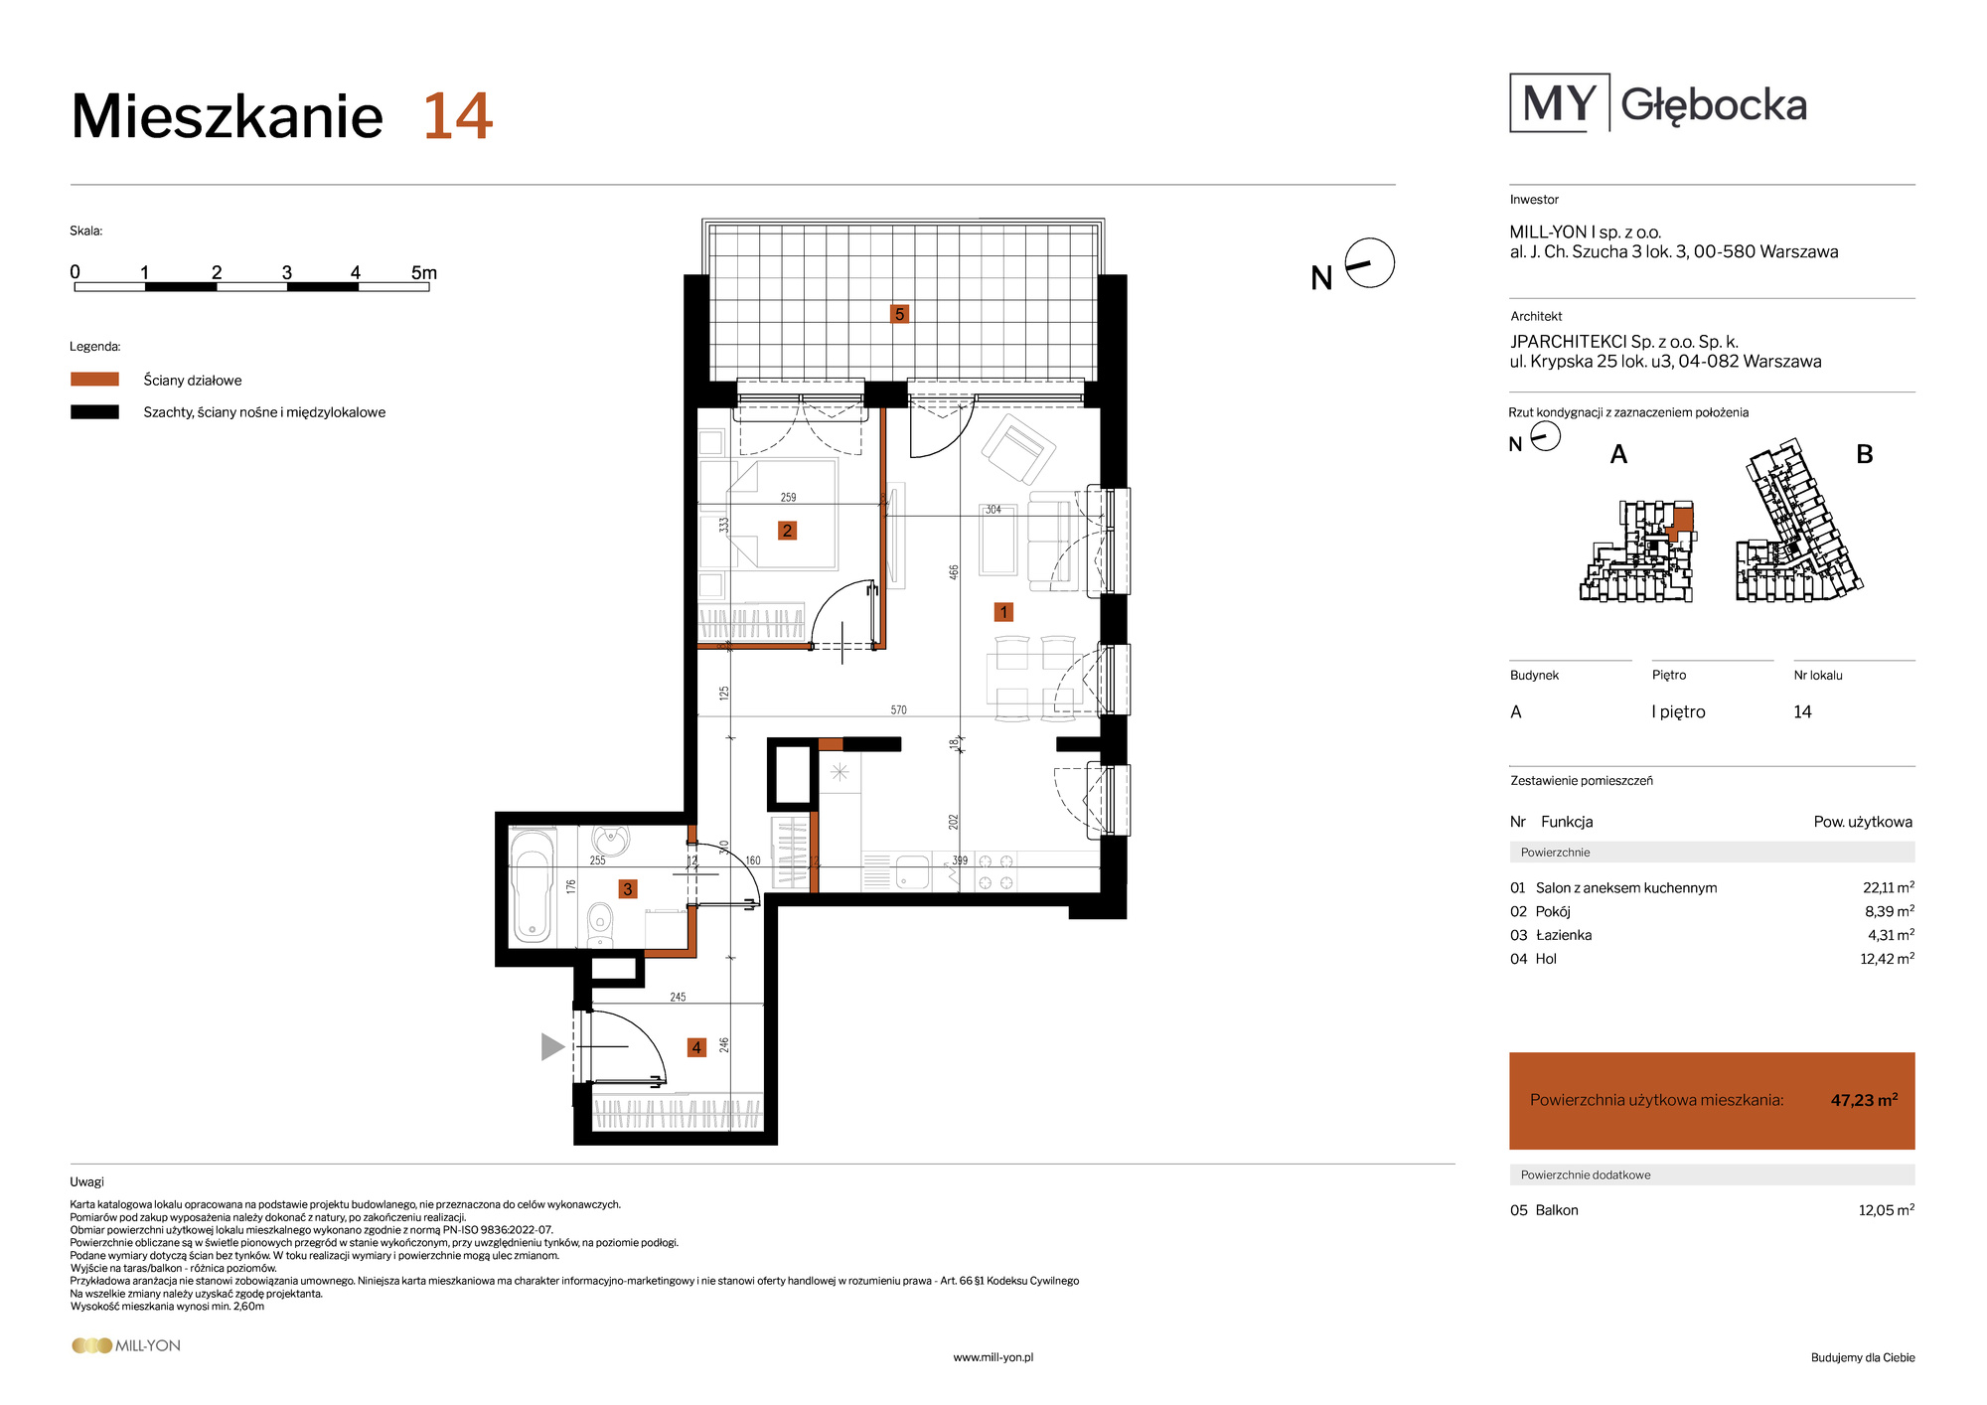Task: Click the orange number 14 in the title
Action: pyautogui.click(x=458, y=116)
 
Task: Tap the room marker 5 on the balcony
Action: pyautogui.click(x=899, y=314)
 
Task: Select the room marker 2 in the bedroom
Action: pyautogui.click(x=787, y=531)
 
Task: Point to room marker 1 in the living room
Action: pyautogui.click(x=1003, y=612)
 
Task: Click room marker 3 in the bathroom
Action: pyautogui.click(x=627, y=889)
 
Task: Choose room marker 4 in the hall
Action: pyautogui.click(x=696, y=1047)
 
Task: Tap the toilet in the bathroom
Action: pyautogui.click(x=600, y=923)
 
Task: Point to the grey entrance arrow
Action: pyautogui.click(x=552, y=1046)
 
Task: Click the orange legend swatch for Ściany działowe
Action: pyautogui.click(x=94, y=380)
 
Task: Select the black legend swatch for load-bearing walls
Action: pyautogui.click(x=94, y=412)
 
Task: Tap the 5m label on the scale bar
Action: pyautogui.click(x=424, y=272)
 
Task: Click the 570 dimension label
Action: pyautogui.click(x=898, y=709)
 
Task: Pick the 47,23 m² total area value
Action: pyautogui.click(x=1864, y=1100)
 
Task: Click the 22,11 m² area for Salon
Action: pyautogui.click(x=1888, y=887)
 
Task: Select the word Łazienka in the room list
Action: pyautogui.click(x=1564, y=935)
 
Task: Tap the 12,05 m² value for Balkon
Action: pyautogui.click(x=1886, y=1209)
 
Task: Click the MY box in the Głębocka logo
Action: pyautogui.click(x=1559, y=103)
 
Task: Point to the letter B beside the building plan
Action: pyautogui.click(x=1865, y=454)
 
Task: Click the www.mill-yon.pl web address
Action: pyautogui.click(x=993, y=1357)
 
